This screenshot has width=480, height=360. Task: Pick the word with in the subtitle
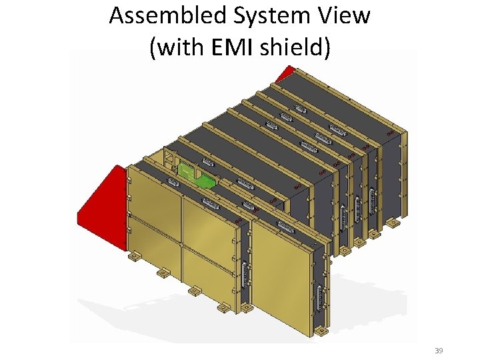pyautogui.click(x=181, y=48)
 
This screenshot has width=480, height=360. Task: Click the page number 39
pyautogui.click(x=439, y=351)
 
